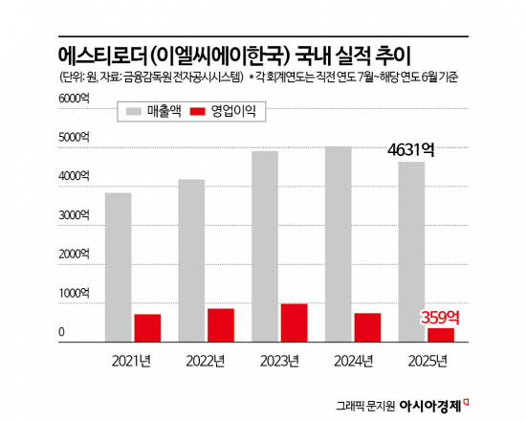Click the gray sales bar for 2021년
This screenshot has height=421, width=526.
pos(119,268)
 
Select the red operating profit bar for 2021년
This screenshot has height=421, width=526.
pos(147,328)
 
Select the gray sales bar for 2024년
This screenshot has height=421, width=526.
pos(338,244)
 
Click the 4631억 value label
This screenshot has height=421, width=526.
pos(411,150)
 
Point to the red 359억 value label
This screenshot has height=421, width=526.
pos(440,317)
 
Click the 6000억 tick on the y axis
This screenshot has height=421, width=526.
pos(74,99)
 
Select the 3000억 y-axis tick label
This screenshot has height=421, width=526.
pos(74,216)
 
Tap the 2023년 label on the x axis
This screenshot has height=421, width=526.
pos(279,360)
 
